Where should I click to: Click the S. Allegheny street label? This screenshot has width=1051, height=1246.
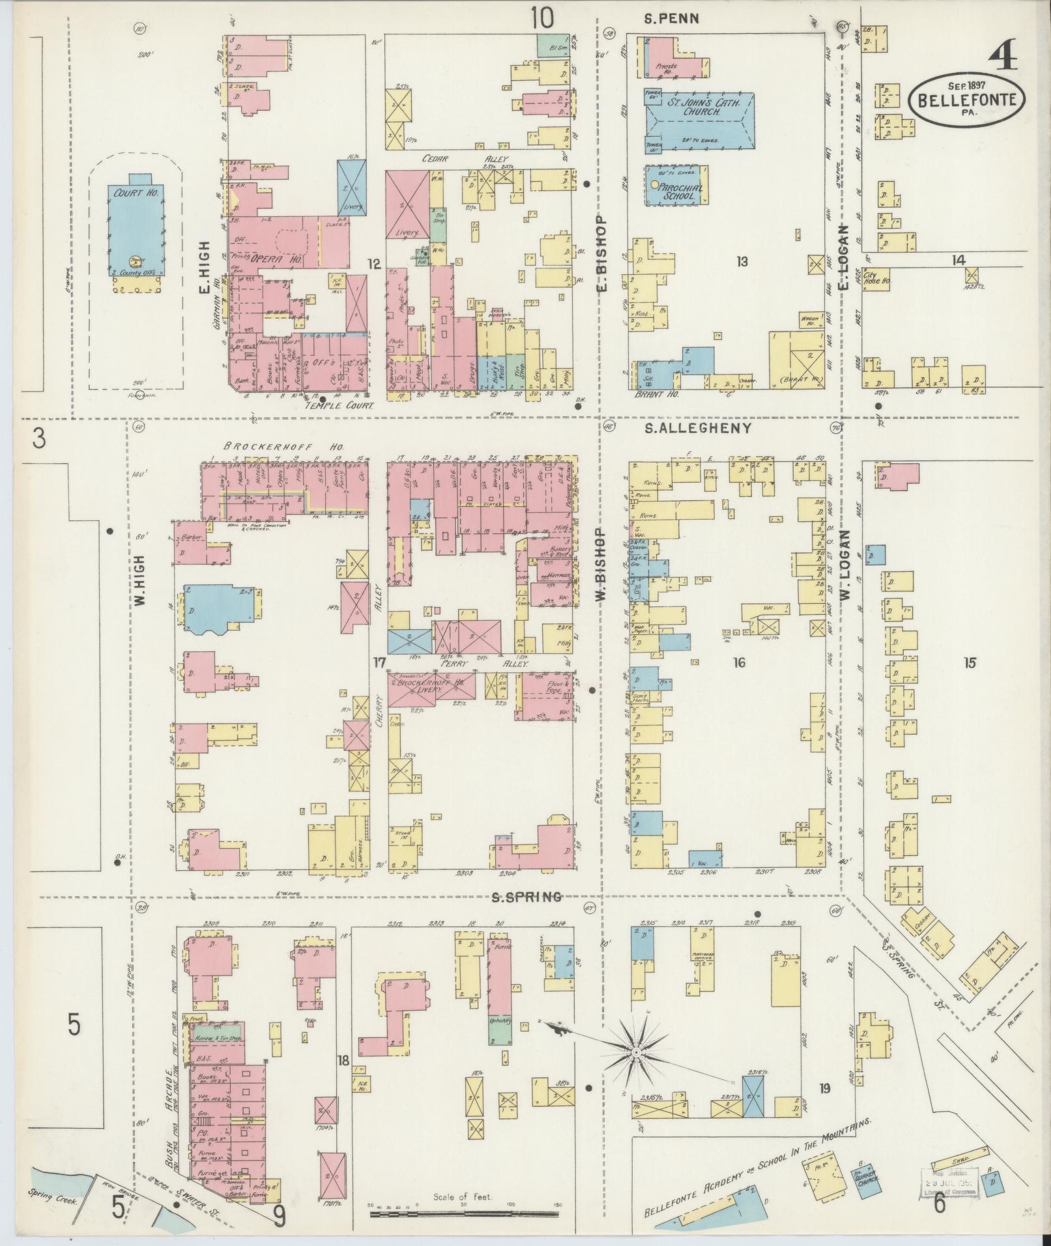(698, 429)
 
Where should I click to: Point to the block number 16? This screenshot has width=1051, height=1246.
(738, 663)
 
